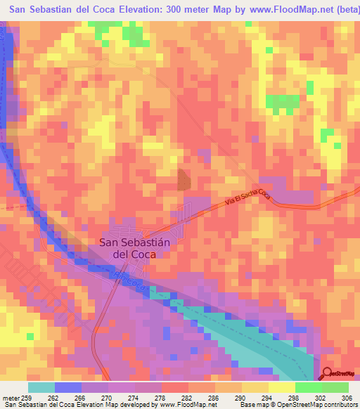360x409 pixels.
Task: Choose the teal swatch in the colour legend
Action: (x=41, y=387)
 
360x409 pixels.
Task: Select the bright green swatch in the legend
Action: (x=309, y=387)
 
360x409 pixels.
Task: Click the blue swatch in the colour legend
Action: (x=68, y=387)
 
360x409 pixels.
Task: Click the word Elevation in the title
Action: (x=149, y=8)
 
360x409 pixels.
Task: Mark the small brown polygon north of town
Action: (x=183, y=180)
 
